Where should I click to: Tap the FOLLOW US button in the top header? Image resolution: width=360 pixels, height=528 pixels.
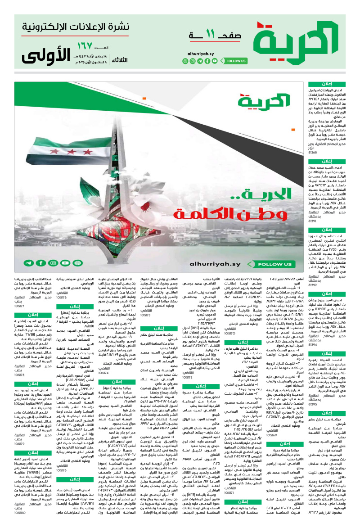235,61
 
